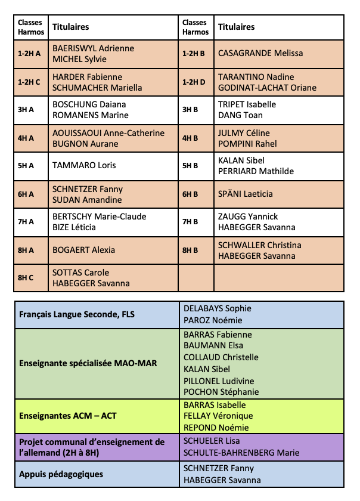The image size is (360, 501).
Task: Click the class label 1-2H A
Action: tap(29, 54)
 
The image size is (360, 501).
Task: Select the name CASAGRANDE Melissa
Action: tap(260, 53)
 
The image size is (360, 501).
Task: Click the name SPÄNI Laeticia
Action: tap(246, 194)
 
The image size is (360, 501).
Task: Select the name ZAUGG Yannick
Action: tap(248, 217)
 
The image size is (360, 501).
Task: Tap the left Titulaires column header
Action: tap(71, 27)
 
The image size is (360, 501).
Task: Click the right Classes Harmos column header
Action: tap(196, 27)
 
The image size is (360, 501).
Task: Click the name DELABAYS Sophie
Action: tap(218, 308)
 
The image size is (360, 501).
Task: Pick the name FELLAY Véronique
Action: tap(218, 416)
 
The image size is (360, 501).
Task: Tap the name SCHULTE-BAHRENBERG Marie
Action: tap(241, 453)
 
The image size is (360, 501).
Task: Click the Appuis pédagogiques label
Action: tap(61, 474)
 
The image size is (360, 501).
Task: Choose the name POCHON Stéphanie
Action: tap(221, 392)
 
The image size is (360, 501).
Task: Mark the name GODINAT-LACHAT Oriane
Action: tap(267, 88)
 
